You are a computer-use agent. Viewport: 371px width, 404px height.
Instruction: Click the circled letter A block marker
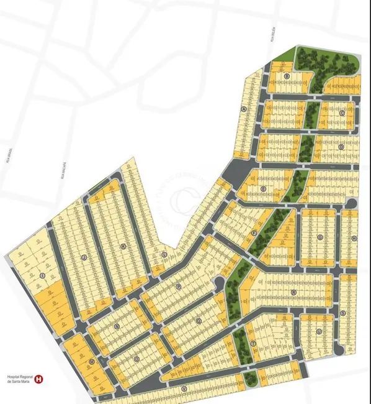point(244,109)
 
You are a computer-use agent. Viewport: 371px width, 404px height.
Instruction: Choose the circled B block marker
point(287,76)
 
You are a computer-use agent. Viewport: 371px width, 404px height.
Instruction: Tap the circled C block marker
point(342,114)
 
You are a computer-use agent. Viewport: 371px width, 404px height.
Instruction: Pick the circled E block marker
point(264,188)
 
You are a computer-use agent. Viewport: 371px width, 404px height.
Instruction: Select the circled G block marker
point(320,237)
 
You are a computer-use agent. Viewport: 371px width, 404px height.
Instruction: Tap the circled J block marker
point(83,255)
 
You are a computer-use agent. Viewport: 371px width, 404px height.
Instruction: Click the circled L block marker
point(164,254)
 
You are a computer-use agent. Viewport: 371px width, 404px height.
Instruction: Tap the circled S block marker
point(342,313)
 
